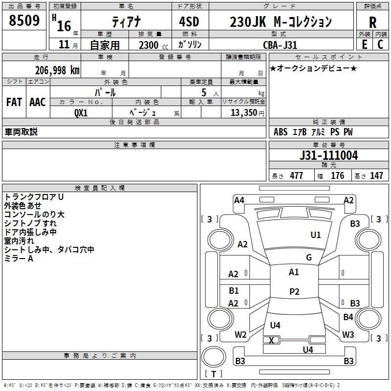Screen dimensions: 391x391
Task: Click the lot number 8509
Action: pos(24,21)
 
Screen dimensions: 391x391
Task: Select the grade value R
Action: pos(372,22)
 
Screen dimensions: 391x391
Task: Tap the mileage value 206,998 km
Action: pos(57,70)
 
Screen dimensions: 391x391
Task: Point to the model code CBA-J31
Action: pos(279,44)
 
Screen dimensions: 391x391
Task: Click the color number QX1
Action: pos(81,112)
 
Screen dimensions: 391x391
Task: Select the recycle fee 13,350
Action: pos(243,112)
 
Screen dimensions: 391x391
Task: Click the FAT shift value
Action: pos(14,102)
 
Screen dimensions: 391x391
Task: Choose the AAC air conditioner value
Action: pos(38,102)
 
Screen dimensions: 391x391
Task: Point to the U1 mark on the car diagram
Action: pos(316,235)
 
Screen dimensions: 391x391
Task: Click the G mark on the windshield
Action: pos(309,258)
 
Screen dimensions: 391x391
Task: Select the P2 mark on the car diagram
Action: pos(294,292)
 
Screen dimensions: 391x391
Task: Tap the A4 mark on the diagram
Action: pos(239,200)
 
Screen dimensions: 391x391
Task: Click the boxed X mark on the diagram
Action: pos(272,340)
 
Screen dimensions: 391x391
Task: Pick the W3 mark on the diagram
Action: pos(348,335)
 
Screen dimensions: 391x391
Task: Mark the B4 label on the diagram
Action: pos(348,317)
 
